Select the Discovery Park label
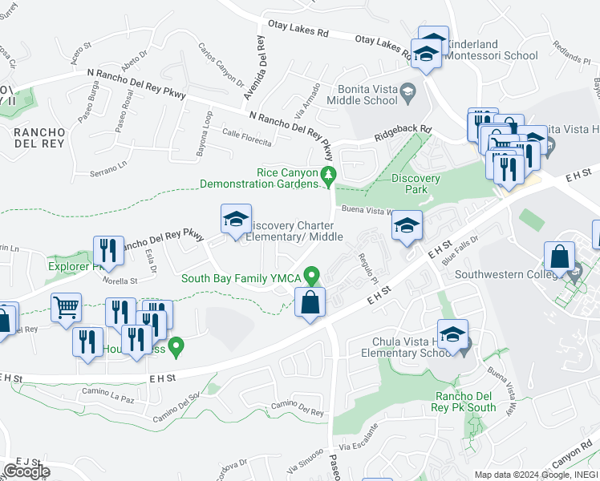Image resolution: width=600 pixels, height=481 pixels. pos(416,184)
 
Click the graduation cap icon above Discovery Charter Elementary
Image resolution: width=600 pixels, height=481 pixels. pos(236,220)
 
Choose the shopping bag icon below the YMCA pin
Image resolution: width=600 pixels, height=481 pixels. pos(310,304)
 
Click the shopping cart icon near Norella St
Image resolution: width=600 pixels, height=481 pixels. pos(66,308)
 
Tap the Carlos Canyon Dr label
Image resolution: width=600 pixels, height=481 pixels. pos(220,70)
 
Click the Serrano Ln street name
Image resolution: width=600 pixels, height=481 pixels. pos(108,164)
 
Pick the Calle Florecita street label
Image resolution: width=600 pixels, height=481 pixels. pos(247,137)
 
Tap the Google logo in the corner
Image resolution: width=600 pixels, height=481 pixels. pos(26,471)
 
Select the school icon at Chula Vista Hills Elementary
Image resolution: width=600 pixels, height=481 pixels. pos(452,335)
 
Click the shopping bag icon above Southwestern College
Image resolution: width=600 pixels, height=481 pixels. pos(559,257)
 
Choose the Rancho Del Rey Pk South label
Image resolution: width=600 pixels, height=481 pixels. pos(465,402)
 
